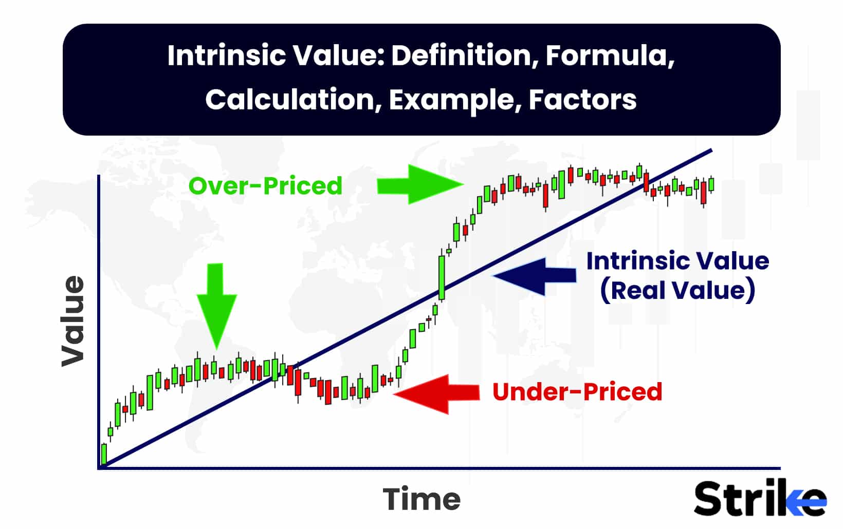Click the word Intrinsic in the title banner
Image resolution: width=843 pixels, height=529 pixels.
(225, 55)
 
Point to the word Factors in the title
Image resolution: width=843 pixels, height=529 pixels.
(582, 100)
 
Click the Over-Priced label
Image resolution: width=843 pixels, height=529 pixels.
(265, 186)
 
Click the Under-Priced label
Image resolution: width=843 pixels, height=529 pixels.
(577, 392)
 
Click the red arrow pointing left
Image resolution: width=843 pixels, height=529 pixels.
(437, 393)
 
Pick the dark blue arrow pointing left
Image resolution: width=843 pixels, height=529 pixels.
(535, 276)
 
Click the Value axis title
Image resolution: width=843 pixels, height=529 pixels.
(73, 322)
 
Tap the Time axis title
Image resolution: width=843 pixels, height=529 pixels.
(421, 499)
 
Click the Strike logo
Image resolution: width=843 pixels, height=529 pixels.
(760, 498)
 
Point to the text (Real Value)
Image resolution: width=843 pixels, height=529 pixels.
(677, 290)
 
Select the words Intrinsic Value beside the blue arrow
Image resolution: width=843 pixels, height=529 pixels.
(677, 261)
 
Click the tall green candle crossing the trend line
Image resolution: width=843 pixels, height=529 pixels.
(441, 277)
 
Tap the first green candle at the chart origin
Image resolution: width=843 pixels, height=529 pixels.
(104, 455)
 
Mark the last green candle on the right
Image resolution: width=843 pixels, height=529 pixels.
(711, 184)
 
